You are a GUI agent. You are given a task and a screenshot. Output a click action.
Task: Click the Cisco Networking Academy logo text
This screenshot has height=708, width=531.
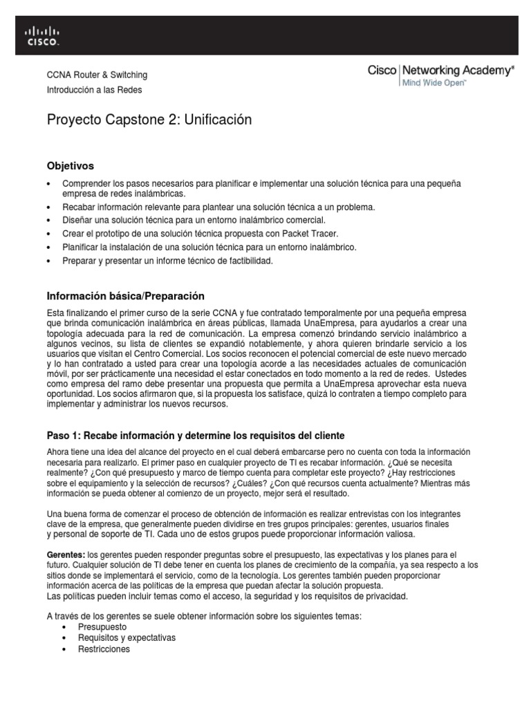pos(440,70)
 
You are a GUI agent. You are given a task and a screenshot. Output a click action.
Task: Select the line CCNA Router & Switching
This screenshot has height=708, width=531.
pos(97,75)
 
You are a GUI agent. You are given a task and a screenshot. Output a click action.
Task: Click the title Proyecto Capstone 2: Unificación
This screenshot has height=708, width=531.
pos(149,120)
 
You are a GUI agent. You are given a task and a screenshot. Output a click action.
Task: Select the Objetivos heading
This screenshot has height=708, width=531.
pos(70,166)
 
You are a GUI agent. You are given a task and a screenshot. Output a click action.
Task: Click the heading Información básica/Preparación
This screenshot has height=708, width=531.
pos(125,296)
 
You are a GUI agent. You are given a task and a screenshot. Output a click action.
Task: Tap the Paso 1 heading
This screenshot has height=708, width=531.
pos(195,435)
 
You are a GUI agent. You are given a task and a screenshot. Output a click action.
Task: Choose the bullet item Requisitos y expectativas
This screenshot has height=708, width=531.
pos(127,637)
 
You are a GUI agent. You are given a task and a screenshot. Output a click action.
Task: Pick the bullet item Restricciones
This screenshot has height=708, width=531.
pos(104,649)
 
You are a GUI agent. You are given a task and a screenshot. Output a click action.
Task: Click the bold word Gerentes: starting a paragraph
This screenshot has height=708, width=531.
pos(66,555)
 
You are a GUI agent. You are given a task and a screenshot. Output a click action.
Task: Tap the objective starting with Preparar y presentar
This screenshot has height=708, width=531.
pos(168,261)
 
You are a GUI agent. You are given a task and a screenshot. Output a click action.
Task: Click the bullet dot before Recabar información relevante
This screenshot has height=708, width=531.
pos(48,207)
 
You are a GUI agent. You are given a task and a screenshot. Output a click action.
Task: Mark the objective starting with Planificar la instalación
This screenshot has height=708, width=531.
pos(209,247)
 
